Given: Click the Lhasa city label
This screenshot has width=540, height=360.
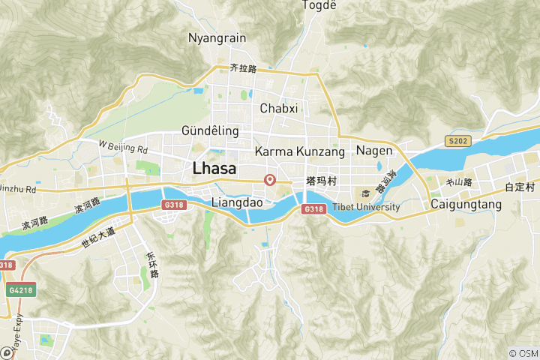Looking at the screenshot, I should click(x=214, y=169).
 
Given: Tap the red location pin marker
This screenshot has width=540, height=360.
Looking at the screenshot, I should click(x=271, y=180).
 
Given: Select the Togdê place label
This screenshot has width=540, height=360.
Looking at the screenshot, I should click(x=319, y=6).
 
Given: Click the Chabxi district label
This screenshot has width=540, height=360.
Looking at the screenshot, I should click(x=279, y=109).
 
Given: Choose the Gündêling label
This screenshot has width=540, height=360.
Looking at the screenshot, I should click(x=210, y=131).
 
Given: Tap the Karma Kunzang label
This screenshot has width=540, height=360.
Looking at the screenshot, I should click(x=300, y=152).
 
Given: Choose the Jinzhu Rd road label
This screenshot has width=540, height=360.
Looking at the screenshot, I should click(x=18, y=190).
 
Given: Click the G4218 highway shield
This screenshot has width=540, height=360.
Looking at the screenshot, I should click(x=22, y=289).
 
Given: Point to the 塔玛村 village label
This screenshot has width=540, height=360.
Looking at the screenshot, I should click(x=320, y=182).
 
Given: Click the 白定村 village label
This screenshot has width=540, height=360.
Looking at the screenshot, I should click(x=519, y=187).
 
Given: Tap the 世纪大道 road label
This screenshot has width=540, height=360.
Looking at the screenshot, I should click(x=99, y=238).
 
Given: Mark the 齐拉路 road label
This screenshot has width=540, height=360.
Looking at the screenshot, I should click(x=244, y=68).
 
